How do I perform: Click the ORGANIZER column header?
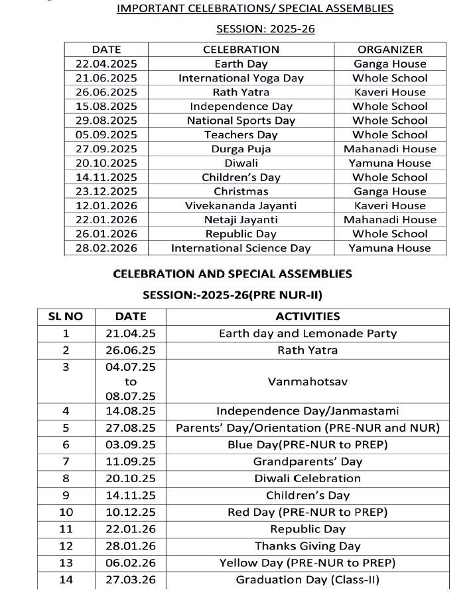(x=389, y=50)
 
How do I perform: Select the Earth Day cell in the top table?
(x=241, y=64)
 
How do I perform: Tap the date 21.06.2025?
(x=106, y=78)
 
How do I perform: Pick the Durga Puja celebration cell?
(x=241, y=149)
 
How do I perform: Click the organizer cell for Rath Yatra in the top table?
(x=389, y=92)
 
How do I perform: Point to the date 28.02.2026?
(x=106, y=248)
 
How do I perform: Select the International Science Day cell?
(x=241, y=248)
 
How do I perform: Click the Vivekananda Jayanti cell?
(x=241, y=206)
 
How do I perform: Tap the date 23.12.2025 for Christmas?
(x=106, y=191)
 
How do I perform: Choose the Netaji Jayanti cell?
(x=241, y=220)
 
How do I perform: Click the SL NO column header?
(x=66, y=317)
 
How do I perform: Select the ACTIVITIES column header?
(x=307, y=317)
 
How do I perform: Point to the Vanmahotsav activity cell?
(x=307, y=381)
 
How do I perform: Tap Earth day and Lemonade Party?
(x=307, y=334)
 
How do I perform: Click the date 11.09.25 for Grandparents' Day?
(x=130, y=462)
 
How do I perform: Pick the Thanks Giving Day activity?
(x=307, y=546)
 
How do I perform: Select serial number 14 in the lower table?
(x=66, y=580)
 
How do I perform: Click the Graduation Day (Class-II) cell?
(x=307, y=580)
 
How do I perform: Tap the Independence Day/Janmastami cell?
(x=307, y=411)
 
